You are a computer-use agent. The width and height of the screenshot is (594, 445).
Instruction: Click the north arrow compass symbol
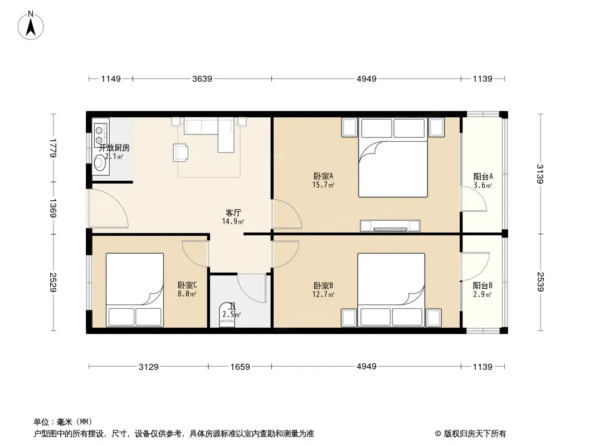31,26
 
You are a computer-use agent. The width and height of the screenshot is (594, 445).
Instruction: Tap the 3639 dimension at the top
202,78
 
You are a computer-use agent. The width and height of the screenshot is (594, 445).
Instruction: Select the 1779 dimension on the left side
53,148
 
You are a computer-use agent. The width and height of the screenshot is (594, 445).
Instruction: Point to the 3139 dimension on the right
540,174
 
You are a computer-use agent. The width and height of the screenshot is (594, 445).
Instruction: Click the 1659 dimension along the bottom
240,367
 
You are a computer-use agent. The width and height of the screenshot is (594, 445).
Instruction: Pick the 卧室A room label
323,176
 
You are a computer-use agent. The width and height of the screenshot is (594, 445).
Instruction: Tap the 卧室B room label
323,286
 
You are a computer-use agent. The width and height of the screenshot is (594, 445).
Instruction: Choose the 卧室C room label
187,285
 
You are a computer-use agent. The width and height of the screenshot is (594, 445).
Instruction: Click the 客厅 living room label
233,213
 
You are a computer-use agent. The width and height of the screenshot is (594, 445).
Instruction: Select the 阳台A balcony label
483,176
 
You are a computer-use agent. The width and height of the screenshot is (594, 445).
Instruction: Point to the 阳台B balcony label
483,286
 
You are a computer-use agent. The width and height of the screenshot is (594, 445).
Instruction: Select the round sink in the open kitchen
100,164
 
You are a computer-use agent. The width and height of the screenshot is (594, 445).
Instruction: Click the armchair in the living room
181,152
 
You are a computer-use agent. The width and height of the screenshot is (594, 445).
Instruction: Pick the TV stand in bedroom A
390,226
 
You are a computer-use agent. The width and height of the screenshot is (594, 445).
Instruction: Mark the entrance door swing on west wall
108,209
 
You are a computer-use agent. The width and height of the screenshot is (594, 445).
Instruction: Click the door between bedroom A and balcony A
474,199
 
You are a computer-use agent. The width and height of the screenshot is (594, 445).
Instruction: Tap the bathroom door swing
252,288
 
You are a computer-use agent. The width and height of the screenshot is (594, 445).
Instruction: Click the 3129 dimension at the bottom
148,367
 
